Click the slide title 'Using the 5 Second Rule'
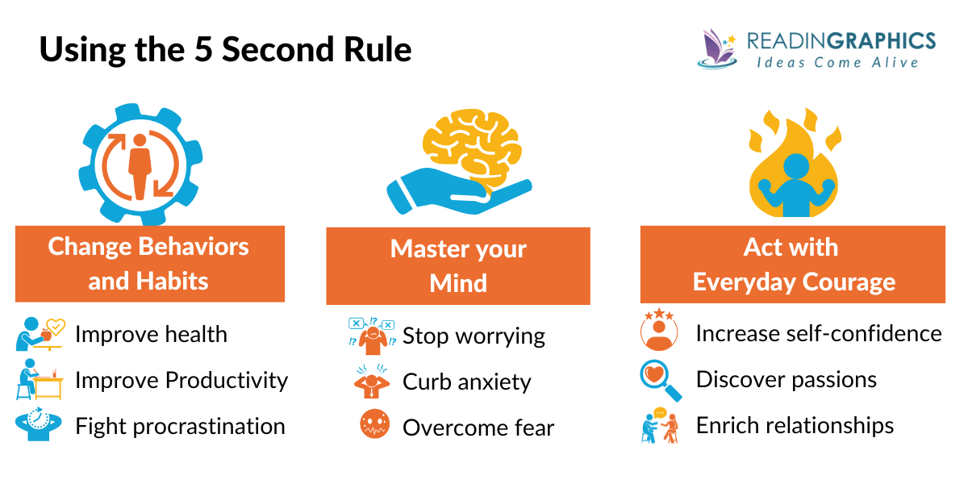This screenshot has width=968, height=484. pyautogui.click(x=225, y=50)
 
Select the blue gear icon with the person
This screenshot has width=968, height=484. pyautogui.click(x=140, y=161)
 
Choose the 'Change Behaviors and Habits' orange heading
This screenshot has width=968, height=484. pyautogui.click(x=149, y=264)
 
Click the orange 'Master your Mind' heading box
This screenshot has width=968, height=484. pyautogui.click(x=457, y=266)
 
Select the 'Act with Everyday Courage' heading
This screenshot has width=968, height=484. pyautogui.click(x=792, y=265)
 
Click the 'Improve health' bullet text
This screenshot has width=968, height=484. pyautogui.click(x=151, y=334)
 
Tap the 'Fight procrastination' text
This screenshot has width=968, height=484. pyautogui.click(x=180, y=426)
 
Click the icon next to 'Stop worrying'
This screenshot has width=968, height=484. pyautogui.click(x=371, y=334)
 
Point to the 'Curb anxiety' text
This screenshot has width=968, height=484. pyautogui.click(x=466, y=382)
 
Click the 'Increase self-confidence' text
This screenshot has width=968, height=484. pyautogui.click(x=818, y=333)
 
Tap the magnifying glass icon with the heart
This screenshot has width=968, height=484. pyautogui.click(x=660, y=380)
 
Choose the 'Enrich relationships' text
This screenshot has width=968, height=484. pyautogui.click(x=795, y=425)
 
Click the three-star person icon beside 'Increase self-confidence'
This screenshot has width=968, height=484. pyautogui.click(x=658, y=330)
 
